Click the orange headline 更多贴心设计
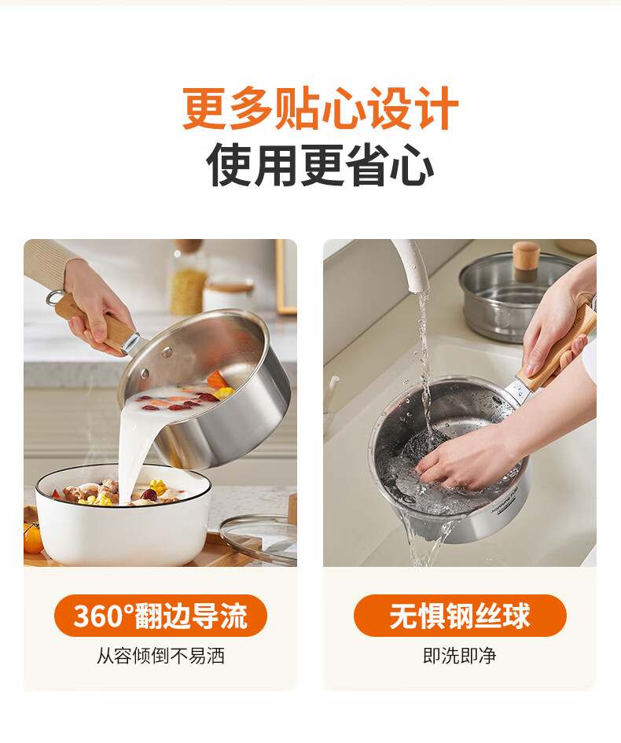tap(321, 109)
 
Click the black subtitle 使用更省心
tap(320, 164)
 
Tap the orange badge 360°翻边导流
tap(160, 616)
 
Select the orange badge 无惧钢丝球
tap(460, 616)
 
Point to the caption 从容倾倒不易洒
tap(160, 657)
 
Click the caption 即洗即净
tap(460, 657)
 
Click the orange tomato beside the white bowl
tap(32, 537)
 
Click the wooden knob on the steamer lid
tap(526, 261)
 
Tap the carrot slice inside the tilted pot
tap(217, 381)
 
